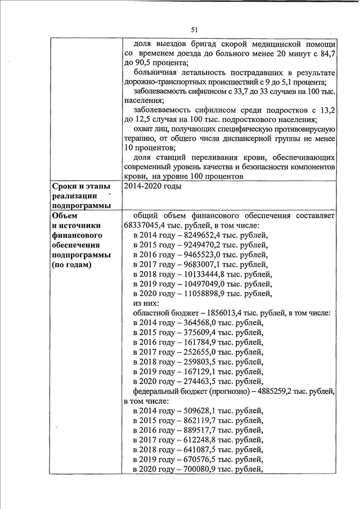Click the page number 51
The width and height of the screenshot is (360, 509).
click(195, 30)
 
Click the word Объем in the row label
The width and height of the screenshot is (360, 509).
click(64, 215)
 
